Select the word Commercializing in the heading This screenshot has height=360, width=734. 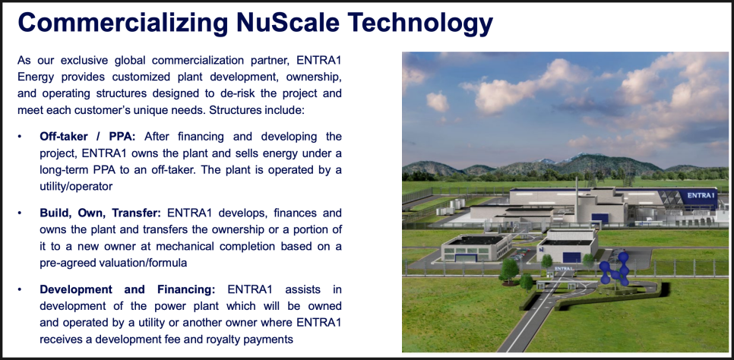pos(123,24)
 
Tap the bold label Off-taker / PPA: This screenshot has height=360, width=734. pos(87,137)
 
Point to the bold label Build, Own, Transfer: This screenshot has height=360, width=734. pos(100,213)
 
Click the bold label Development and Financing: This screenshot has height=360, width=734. pos(128,290)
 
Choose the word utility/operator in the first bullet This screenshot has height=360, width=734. pos(76,186)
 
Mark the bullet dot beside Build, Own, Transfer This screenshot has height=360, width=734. pos(20,213)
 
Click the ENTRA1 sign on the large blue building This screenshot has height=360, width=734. pos(701,195)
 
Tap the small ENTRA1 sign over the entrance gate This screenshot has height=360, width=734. pos(564,269)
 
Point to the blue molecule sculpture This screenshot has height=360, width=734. pos(614,269)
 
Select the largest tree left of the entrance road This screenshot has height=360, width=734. pos(509,271)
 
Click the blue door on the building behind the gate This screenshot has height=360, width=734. pos(571,257)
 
